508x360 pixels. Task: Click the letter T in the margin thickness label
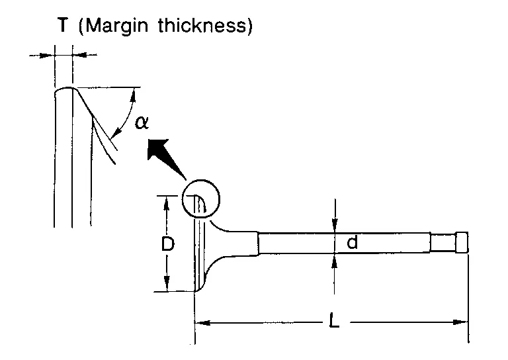click(63, 24)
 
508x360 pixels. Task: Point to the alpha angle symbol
click(142, 123)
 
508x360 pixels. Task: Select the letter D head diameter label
click(168, 244)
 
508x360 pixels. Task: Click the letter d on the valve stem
click(352, 242)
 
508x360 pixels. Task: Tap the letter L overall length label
click(333, 320)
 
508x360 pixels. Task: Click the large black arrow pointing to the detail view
click(163, 156)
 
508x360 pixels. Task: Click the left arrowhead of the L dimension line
click(202, 323)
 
